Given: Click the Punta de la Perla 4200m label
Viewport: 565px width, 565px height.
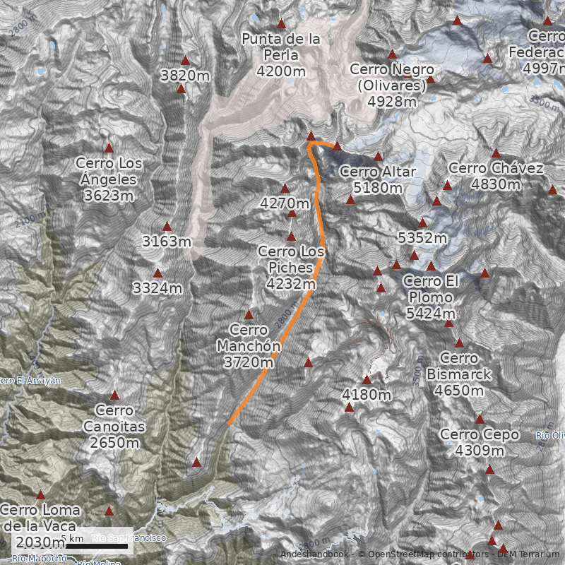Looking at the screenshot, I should (x=281, y=55).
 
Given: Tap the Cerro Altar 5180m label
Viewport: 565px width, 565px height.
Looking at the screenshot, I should (x=378, y=180).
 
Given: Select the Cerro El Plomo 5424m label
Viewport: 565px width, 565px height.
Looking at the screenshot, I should (x=432, y=297).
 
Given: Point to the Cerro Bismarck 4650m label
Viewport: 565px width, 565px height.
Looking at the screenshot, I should (x=459, y=374).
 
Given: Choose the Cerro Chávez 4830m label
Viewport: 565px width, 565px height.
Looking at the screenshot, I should (x=496, y=177).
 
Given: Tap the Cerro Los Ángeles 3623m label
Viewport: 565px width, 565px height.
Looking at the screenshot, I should (x=109, y=179).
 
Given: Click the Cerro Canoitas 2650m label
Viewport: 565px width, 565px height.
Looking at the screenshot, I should (x=114, y=427).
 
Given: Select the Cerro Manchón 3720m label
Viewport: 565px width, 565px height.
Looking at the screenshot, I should (x=249, y=347).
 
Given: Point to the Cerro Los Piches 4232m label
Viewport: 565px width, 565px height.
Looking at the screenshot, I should (x=291, y=268).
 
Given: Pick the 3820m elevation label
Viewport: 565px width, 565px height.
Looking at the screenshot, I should (x=185, y=76).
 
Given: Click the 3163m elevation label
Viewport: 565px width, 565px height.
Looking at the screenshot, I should (x=167, y=242).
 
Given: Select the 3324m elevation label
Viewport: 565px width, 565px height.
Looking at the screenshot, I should (x=157, y=288).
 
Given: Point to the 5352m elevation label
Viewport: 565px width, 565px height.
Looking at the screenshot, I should (x=422, y=238).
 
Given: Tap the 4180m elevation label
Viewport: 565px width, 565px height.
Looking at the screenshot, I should (x=367, y=394).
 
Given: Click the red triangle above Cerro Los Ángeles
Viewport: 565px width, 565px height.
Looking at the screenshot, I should (x=109, y=148).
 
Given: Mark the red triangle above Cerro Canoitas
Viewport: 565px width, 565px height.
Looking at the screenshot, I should (x=114, y=395).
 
